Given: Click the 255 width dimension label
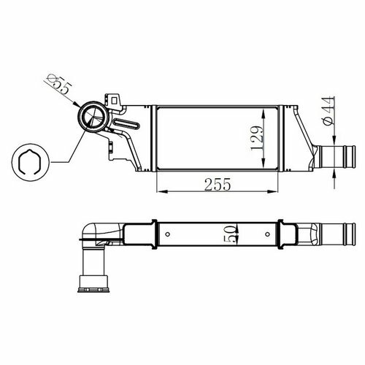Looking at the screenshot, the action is point(218,184).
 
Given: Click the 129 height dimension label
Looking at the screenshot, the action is point(258,138).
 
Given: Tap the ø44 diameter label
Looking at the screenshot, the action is point(328,111).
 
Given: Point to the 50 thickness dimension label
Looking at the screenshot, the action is point(230,234).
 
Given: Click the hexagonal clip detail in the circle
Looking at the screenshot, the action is point(30,162).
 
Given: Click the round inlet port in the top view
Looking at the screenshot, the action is point(93,117).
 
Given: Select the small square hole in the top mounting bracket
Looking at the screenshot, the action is point(114,100).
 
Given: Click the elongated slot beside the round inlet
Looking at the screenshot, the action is point(126,124).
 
